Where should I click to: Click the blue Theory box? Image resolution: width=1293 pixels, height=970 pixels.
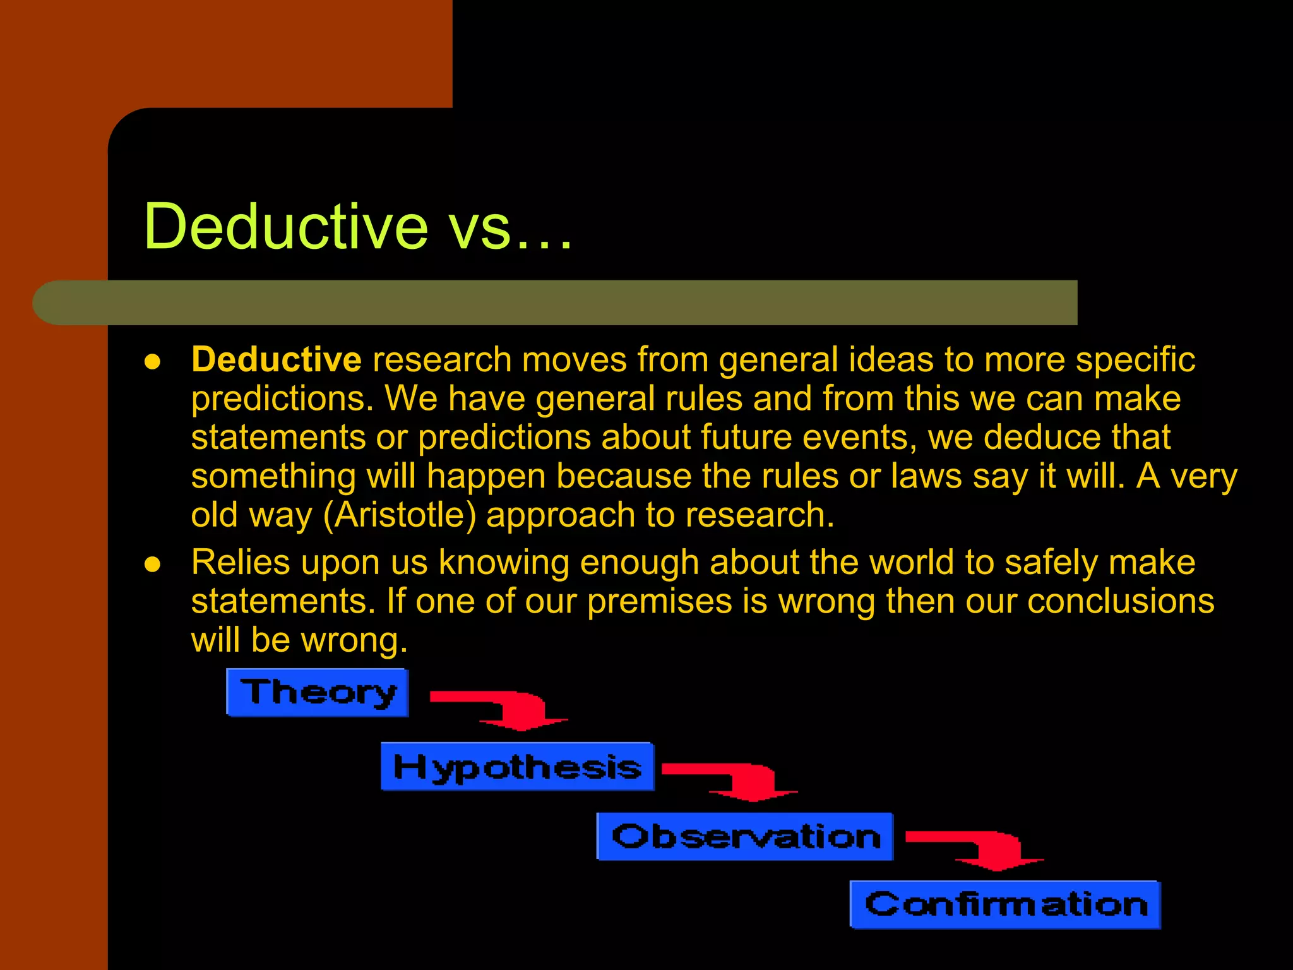click(x=318, y=693)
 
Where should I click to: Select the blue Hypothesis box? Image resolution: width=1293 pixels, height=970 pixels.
click(x=517, y=767)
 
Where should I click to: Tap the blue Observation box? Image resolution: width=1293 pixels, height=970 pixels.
click(x=745, y=837)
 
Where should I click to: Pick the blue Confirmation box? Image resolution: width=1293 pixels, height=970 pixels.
click(x=1006, y=905)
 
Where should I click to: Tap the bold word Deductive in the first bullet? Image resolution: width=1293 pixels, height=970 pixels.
click(x=276, y=360)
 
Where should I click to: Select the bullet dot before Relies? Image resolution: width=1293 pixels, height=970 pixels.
click(x=152, y=564)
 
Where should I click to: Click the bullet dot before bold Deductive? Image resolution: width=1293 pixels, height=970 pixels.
click(x=152, y=361)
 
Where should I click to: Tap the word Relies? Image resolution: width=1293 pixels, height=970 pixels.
click(x=241, y=562)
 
